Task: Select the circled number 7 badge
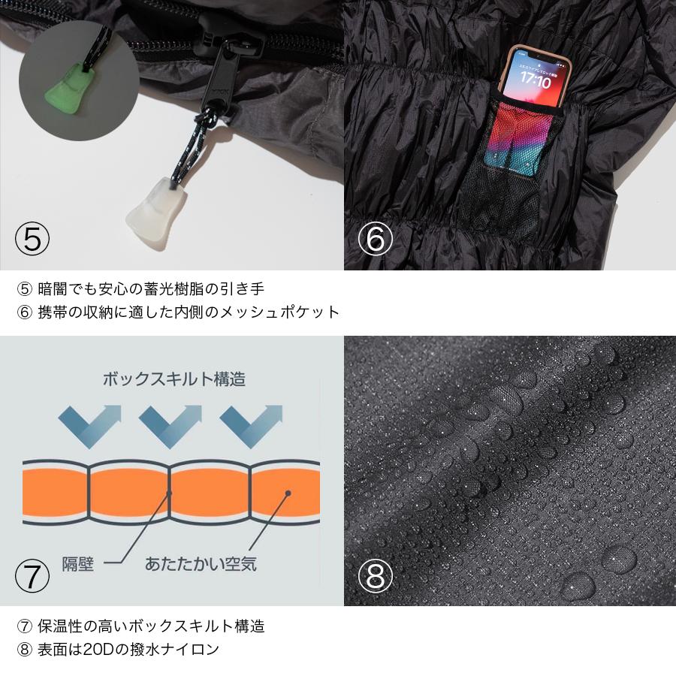point(32,575)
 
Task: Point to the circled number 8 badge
point(375,575)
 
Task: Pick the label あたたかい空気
point(202,563)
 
